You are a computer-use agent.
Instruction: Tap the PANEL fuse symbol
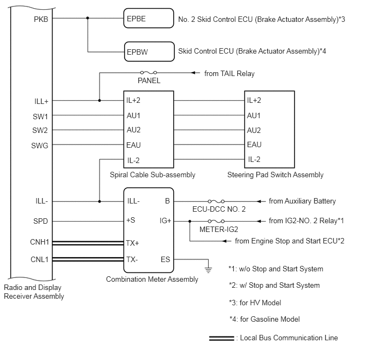pos(149,72)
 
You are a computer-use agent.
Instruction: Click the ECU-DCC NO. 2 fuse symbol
pos(216,201)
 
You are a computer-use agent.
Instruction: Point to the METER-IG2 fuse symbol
pos(216,221)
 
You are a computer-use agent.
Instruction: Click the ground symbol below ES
pos(208,270)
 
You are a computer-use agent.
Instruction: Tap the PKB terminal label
pos(41,19)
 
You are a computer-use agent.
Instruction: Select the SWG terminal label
pos(39,146)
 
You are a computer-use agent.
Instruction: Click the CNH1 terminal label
pos(39,242)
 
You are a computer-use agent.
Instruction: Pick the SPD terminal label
pos(40,221)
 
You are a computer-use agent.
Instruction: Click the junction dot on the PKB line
pos(87,18)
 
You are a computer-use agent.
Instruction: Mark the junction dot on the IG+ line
pos(190,221)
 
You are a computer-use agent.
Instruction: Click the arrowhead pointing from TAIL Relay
pos(194,72)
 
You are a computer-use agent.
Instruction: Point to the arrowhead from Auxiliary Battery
pos(259,201)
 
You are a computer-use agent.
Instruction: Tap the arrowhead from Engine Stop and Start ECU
pos(225,241)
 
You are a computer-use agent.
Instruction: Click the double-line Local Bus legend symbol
pos(221,338)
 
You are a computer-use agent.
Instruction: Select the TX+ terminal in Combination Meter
pos(133,243)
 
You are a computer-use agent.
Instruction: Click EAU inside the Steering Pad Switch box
pos(254,144)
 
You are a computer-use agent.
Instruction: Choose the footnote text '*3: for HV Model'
pos(255,303)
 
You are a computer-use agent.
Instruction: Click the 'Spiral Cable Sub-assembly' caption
pos(152,175)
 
